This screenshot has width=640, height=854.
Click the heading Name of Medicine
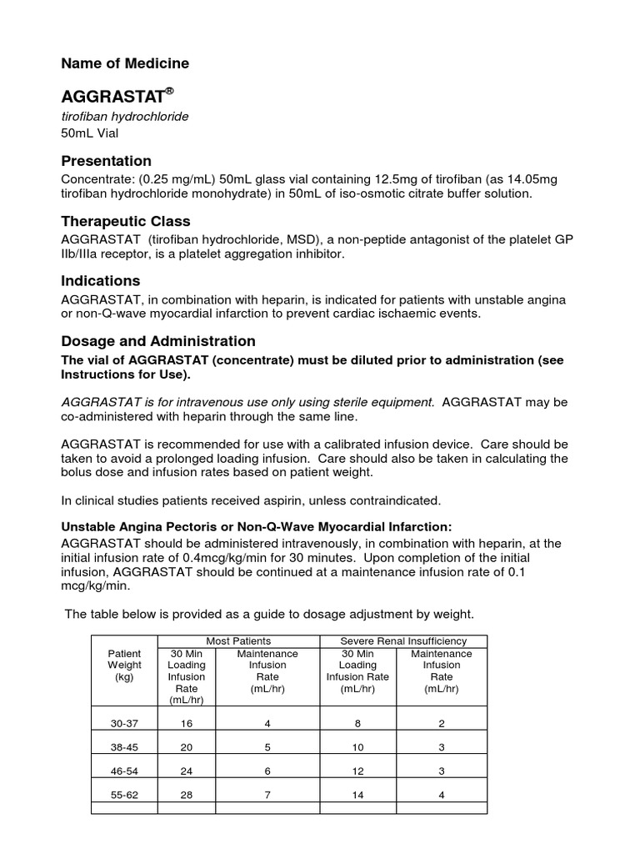tap(125, 63)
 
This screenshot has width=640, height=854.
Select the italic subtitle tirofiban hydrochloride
tap(125, 116)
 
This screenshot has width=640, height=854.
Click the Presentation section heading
tap(107, 161)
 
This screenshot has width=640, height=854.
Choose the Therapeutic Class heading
tap(126, 221)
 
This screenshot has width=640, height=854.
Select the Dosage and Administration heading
tap(158, 341)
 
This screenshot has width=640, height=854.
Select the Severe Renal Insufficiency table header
tap(403, 641)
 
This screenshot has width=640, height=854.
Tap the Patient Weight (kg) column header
tap(124, 666)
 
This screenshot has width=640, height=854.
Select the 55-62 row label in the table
tap(124, 795)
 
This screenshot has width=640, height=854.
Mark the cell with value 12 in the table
tap(357, 771)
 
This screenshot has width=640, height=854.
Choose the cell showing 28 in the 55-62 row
tap(187, 795)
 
